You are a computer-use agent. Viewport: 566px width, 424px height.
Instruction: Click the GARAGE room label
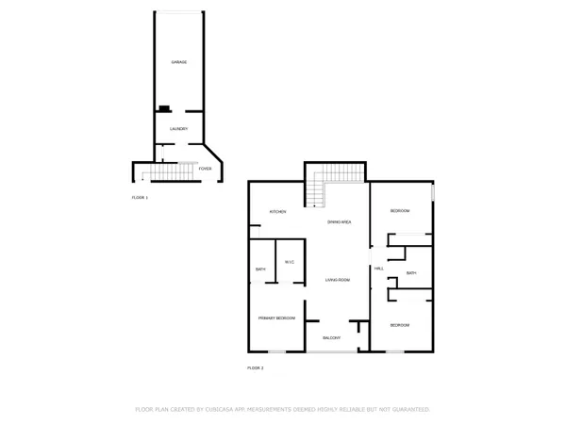[x=178, y=62]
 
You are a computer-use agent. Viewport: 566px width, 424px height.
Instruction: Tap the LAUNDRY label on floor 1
[x=178, y=129]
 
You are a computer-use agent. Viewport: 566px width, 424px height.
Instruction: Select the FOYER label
[x=205, y=169]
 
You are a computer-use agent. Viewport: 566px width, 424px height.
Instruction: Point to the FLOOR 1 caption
[x=140, y=198]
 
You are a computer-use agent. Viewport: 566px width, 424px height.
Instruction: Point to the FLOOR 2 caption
[x=256, y=367]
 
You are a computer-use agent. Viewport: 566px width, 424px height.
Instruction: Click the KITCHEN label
[x=277, y=212]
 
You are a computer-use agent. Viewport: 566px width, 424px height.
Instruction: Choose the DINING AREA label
[x=340, y=221]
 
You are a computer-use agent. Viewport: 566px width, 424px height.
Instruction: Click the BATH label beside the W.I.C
[x=260, y=270]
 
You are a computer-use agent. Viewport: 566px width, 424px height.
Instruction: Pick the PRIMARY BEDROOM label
[x=276, y=318]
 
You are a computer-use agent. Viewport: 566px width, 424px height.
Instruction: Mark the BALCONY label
[x=331, y=337]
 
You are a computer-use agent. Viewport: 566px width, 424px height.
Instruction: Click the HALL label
[x=378, y=269]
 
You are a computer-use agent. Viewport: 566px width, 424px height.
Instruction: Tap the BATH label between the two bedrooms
[x=411, y=273]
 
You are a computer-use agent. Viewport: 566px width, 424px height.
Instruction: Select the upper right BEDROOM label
[x=401, y=211]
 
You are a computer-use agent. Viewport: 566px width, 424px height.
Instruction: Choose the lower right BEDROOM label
[x=401, y=325]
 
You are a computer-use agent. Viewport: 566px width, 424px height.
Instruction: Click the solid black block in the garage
[x=164, y=108]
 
